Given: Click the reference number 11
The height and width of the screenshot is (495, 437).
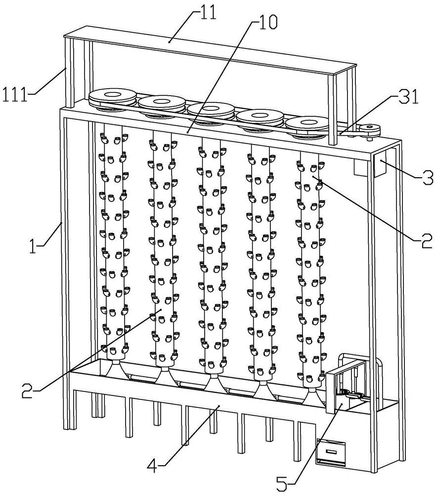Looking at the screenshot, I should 209,12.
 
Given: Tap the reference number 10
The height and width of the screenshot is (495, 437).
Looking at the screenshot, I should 265,22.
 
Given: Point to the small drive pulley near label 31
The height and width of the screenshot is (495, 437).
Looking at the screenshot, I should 369,130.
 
